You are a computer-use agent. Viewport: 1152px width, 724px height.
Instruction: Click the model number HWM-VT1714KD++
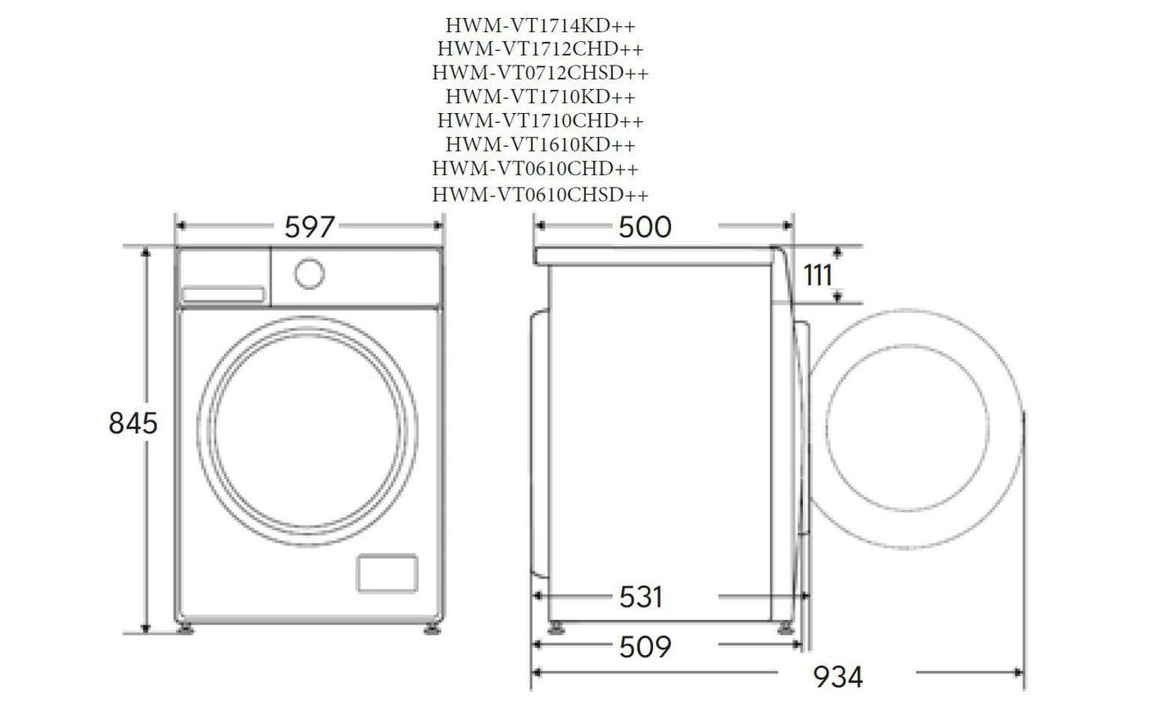[540, 25]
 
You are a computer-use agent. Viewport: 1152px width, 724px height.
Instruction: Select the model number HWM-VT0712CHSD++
[540, 73]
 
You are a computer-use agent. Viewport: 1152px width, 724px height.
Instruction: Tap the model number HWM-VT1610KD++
[540, 145]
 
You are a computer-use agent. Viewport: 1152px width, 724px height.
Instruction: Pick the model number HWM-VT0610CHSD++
[540, 195]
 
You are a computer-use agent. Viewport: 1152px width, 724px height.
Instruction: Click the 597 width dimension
[310, 227]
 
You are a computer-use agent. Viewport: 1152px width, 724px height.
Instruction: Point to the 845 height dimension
[133, 423]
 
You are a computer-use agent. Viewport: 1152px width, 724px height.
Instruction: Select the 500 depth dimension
[644, 227]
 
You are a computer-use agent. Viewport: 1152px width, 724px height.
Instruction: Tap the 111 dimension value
[817, 275]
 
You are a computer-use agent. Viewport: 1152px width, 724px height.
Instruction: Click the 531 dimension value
[640, 597]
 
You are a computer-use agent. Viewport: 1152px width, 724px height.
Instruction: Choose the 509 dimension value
[645, 647]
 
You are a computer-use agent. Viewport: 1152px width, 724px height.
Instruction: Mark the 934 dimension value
[837, 676]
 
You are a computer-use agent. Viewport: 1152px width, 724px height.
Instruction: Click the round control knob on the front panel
[309, 274]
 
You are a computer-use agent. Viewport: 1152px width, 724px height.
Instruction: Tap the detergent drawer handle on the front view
[223, 294]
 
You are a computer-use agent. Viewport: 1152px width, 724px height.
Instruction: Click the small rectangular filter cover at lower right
[387, 572]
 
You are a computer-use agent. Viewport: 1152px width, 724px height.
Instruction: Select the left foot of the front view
[187, 629]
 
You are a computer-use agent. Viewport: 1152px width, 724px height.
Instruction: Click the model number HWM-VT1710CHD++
[540, 120]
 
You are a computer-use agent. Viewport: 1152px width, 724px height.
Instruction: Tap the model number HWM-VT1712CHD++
[540, 49]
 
